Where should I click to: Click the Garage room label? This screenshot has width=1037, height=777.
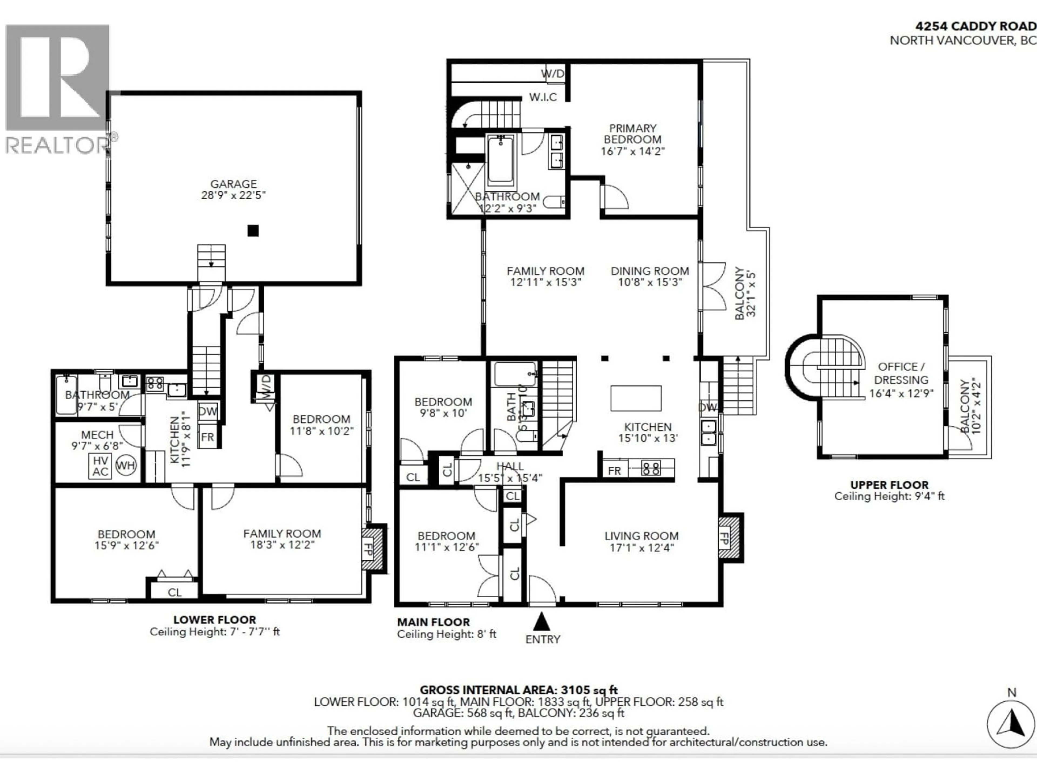tap(234, 184)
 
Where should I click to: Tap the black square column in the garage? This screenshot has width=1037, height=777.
tap(253, 230)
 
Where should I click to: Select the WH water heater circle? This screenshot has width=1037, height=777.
tap(125, 466)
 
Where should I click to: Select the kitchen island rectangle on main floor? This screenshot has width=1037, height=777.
tap(636, 398)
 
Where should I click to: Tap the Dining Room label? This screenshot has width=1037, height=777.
tap(650, 271)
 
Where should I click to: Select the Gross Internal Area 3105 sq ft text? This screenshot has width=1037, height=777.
tap(518, 690)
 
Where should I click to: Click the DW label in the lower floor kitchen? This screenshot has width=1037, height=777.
tap(208, 411)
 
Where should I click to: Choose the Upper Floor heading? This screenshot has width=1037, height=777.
tap(889, 485)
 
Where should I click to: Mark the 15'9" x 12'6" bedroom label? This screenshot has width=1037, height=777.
tap(127, 546)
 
